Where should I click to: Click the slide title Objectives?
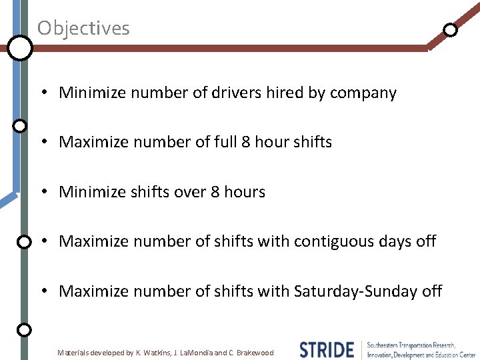[83, 28]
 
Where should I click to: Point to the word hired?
[285, 93]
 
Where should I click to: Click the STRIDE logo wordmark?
[327, 349]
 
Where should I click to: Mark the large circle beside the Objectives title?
[20, 48]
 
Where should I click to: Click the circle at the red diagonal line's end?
[451, 30]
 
